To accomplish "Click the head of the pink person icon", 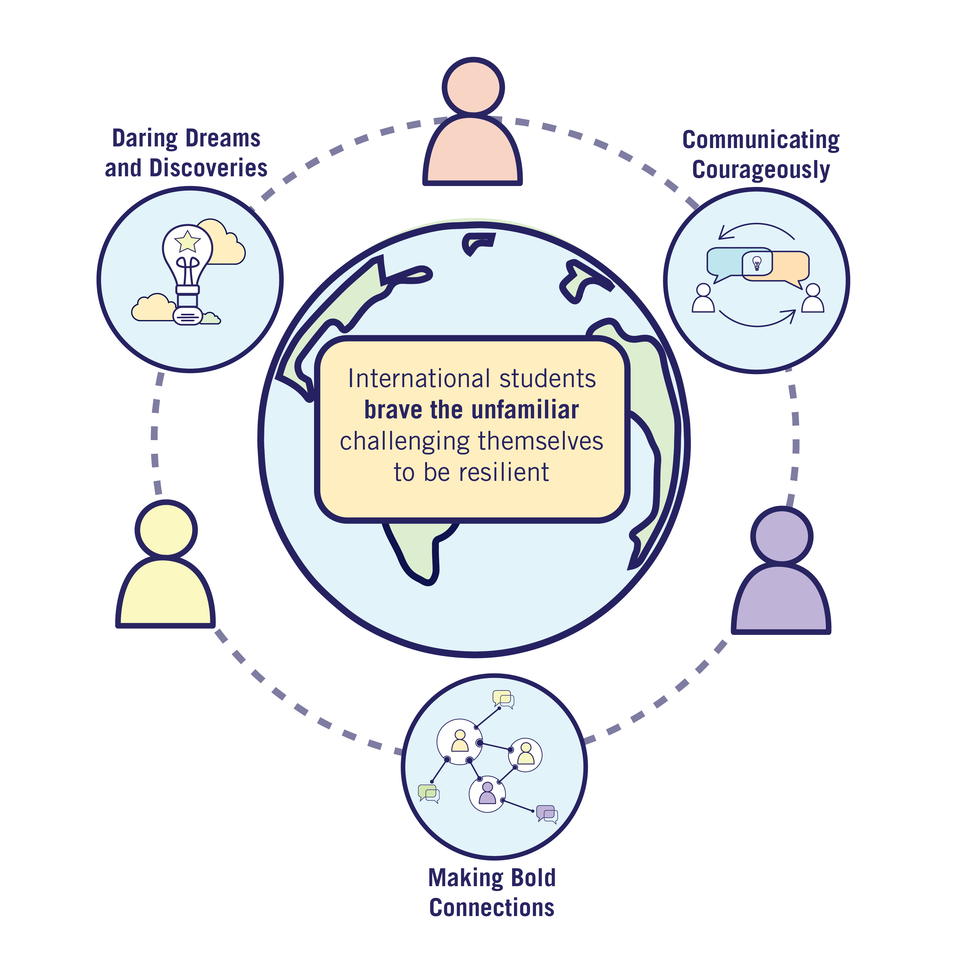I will point(473,87).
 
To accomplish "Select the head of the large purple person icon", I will point(782,537).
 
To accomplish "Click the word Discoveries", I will point(208,168).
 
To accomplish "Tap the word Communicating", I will point(761,140).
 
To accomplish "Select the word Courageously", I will point(761,170).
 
